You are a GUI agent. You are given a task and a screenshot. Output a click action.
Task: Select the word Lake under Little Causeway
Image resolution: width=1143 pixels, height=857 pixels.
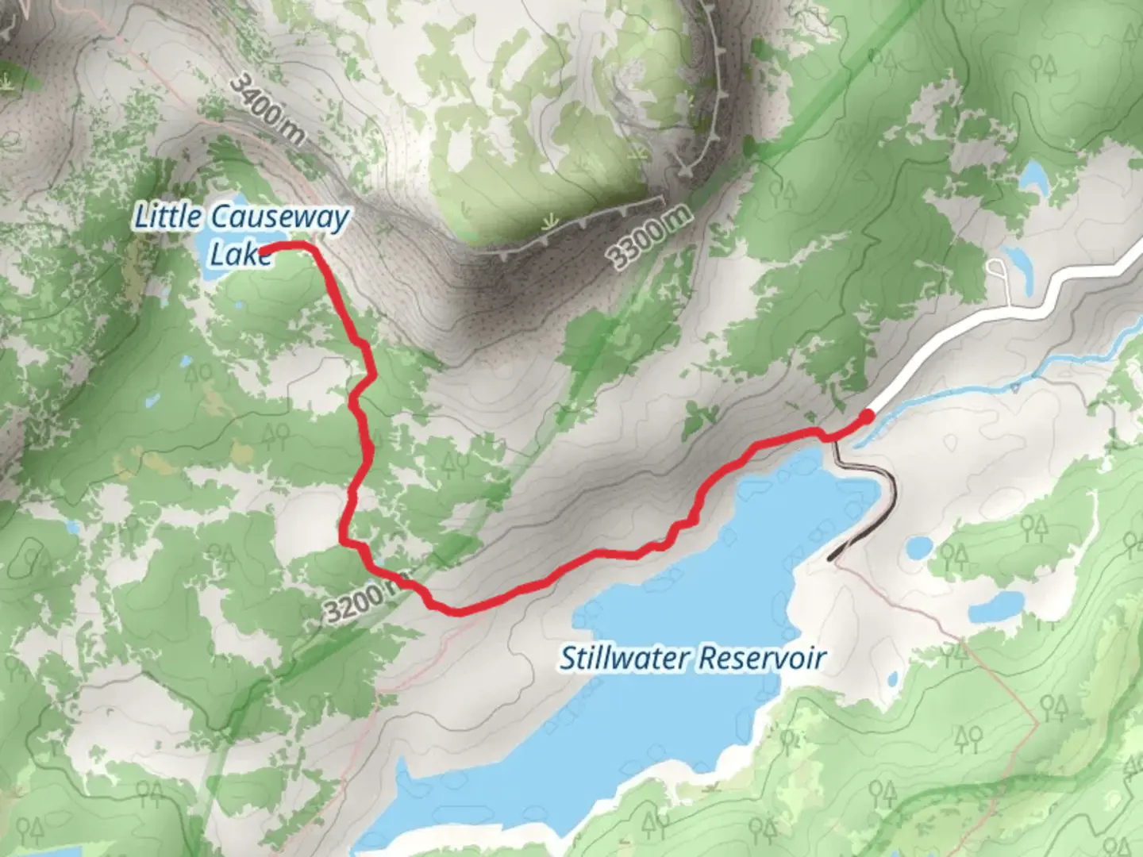tap(237, 255)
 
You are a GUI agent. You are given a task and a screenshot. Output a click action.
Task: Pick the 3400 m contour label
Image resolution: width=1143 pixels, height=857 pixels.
tap(267, 110)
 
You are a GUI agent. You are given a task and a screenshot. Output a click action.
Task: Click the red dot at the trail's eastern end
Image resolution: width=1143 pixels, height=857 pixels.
tap(867, 413)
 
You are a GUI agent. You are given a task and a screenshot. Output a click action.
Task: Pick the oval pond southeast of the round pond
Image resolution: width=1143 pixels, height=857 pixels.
tap(995, 607)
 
